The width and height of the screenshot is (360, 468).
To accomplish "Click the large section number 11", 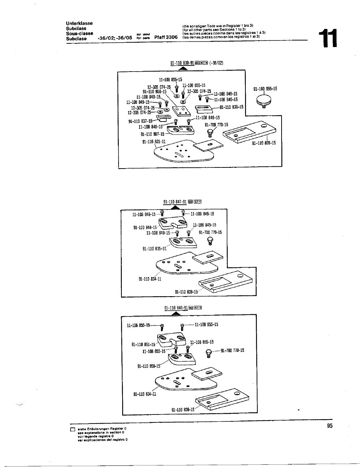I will (327, 39).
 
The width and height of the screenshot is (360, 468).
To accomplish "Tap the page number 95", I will (329, 426).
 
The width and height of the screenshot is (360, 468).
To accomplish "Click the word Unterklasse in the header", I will (79, 23).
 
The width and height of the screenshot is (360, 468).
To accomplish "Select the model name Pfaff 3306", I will (166, 37).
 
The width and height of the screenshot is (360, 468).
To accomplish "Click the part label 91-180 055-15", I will (265, 89).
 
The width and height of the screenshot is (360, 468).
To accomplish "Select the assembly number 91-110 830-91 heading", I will (182, 63).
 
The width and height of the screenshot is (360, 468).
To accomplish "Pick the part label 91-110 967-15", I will (152, 134).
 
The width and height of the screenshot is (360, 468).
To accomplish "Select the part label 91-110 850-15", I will (149, 366).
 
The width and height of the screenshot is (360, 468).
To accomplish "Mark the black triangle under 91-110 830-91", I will (182, 69).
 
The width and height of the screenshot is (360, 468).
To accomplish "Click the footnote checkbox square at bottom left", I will (72, 430).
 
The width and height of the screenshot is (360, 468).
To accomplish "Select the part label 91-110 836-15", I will (231, 107).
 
